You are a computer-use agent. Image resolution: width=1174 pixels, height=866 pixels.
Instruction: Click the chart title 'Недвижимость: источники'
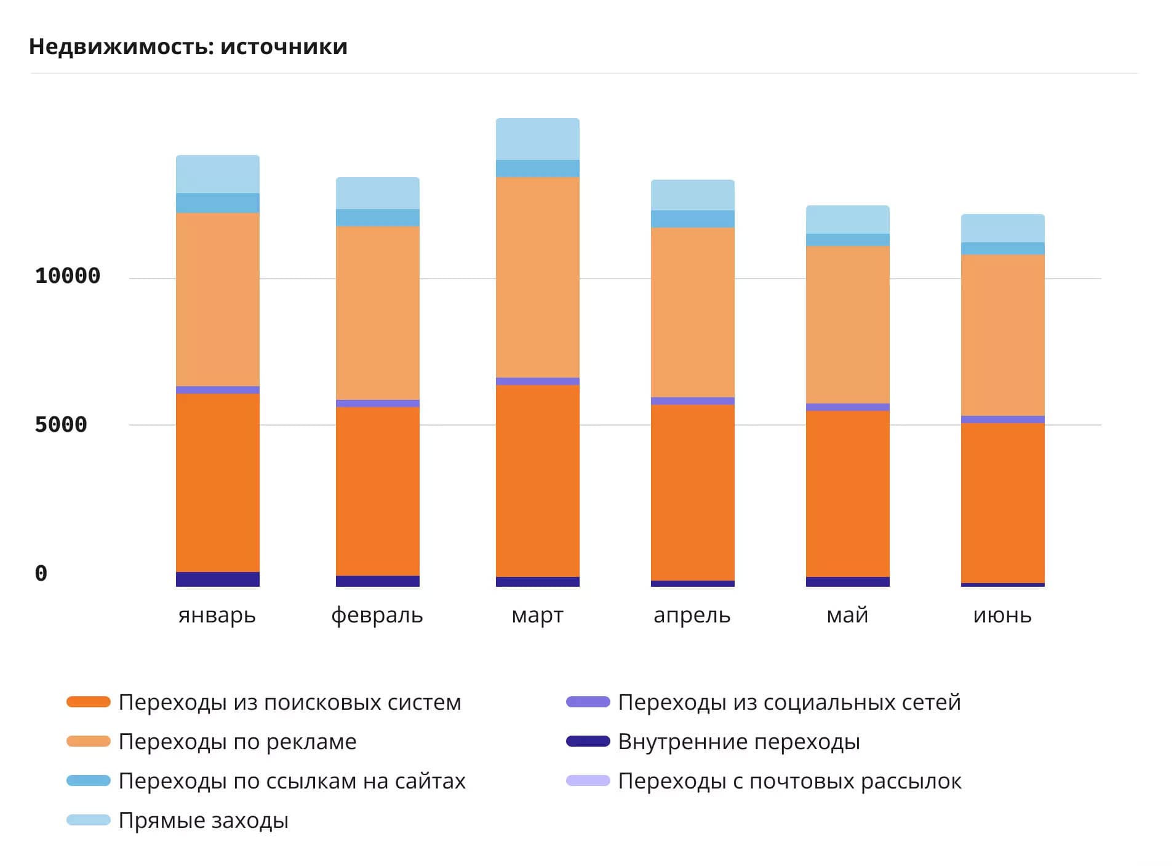pyautogui.click(x=188, y=47)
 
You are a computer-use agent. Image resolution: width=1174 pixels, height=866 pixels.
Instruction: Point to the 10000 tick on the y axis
pyautogui.click(x=68, y=276)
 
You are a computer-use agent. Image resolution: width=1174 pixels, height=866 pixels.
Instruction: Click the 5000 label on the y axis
pyautogui.click(x=61, y=424)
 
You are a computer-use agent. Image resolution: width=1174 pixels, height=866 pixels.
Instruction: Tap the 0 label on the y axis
pyautogui.click(x=41, y=573)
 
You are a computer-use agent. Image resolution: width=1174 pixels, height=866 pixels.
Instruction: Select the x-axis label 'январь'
pyautogui.click(x=217, y=615)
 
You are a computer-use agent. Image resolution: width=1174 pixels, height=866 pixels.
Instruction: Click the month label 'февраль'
pyautogui.click(x=377, y=615)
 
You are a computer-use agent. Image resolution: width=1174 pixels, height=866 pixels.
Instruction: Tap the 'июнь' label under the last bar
pyautogui.click(x=1002, y=615)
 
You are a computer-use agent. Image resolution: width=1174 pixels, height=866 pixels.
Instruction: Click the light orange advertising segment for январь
pyautogui.click(x=218, y=300)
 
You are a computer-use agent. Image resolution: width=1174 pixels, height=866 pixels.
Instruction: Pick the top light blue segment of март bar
pyautogui.click(x=538, y=139)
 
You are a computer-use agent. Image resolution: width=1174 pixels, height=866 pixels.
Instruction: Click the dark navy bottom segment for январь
pyautogui.click(x=218, y=579)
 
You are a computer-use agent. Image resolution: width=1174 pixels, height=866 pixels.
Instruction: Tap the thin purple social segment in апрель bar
pyautogui.click(x=693, y=401)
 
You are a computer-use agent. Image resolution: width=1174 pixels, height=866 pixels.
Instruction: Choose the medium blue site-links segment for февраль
pyautogui.click(x=378, y=218)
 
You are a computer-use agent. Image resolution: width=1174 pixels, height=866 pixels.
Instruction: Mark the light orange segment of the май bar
pyautogui.click(x=848, y=325)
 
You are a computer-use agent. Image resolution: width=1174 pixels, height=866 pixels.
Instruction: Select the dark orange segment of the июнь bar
pyautogui.click(x=1003, y=503)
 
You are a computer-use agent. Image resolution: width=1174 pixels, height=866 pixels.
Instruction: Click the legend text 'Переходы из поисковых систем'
pyautogui.click(x=290, y=702)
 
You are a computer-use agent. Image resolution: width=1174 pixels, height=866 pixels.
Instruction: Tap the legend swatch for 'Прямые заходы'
pyautogui.click(x=89, y=820)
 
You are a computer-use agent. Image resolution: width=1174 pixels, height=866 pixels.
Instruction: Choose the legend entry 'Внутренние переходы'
pyautogui.click(x=739, y=742)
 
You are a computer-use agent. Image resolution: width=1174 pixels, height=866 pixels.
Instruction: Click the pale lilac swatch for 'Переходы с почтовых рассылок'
pyautogui.click(x=588, y=781)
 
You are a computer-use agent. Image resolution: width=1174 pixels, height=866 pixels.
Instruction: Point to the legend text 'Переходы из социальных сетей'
pyautogui.click(x=789, y=702)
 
